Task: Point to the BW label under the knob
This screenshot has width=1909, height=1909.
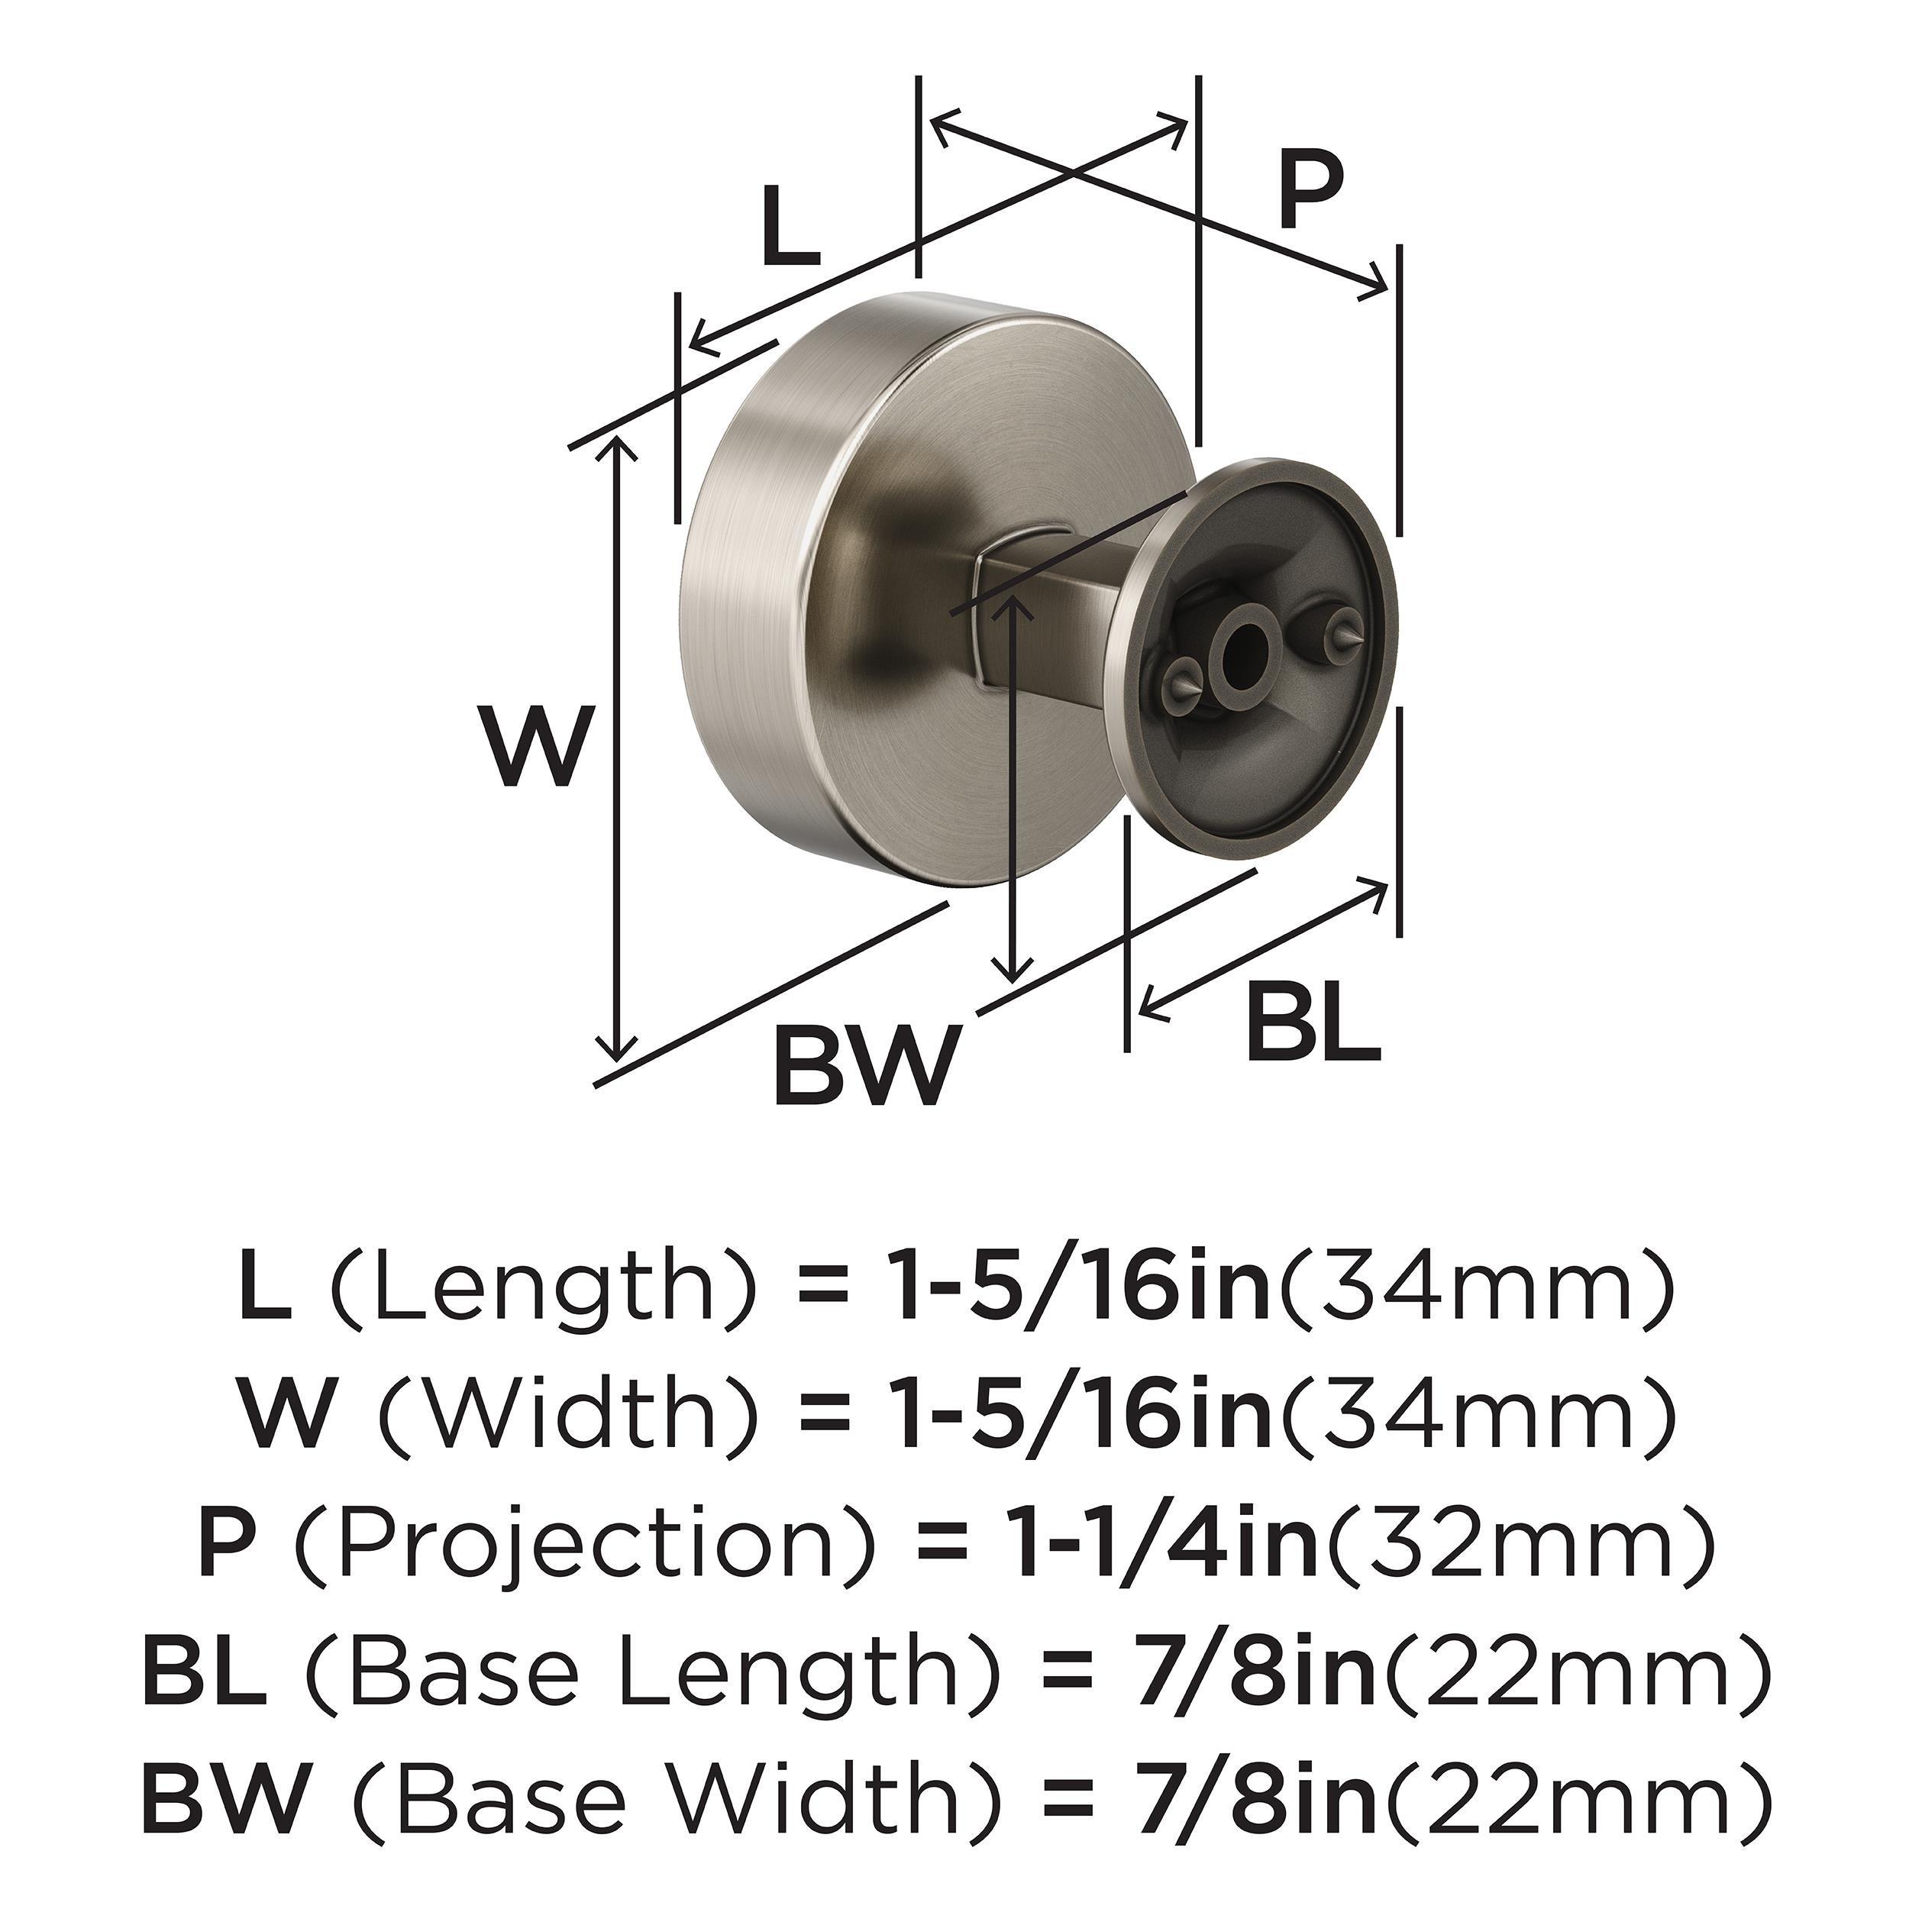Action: coord(867,1064)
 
